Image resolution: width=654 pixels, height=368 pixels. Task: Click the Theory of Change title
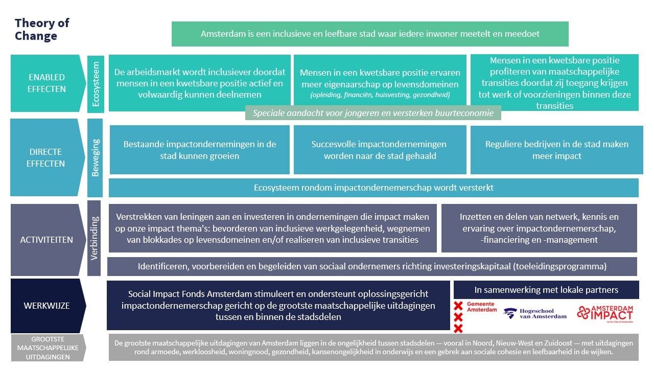42,29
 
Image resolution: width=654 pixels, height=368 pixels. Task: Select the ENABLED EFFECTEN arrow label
46,83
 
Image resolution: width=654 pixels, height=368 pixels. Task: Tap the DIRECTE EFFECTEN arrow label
46,158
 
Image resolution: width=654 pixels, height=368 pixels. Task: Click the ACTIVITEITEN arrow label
46,240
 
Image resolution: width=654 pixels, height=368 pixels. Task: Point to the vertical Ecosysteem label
96,84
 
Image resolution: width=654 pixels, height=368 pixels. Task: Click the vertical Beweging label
96,157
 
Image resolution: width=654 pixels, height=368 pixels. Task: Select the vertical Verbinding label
95,238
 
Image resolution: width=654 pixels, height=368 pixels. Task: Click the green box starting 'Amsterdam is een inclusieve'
370,34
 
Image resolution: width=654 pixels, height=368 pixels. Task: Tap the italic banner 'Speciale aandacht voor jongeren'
373,113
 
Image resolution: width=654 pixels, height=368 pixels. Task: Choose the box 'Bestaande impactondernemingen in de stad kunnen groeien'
200,150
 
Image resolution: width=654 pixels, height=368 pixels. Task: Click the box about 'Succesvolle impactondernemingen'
380,150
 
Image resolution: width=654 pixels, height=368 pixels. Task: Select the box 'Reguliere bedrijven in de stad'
556,150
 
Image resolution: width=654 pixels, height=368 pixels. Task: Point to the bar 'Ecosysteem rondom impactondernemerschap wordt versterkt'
373,188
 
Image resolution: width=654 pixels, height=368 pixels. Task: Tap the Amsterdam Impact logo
604,313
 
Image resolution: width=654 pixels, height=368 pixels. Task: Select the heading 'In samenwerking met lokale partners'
546,290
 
